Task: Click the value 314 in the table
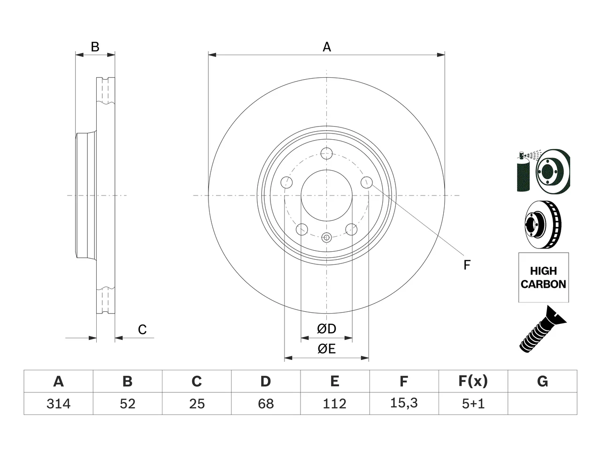tap(58, 404)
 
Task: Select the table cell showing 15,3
tap(404, 403)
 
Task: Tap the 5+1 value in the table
tap(473, 404)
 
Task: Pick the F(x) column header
tap(473, 381)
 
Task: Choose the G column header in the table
tap(542, 381)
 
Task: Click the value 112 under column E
tap(335, 404)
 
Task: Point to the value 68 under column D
tap(266, 404)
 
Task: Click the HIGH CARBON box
tap(544, 277)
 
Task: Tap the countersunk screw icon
tap(543, 330)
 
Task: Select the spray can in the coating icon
tap(523, 172)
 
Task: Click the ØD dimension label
tap(326, 329)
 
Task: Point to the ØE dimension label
tap(326, 349)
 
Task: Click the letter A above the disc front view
tap(327, 47)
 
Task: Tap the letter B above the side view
tap(95, 47)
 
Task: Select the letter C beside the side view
tap(142, 330)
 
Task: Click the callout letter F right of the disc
tap(467, 265)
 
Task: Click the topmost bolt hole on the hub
tap(326, 153)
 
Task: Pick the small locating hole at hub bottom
tap(326, 238)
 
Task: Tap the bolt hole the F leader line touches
tap(367, 182)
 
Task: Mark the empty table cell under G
tap(542, 404)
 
